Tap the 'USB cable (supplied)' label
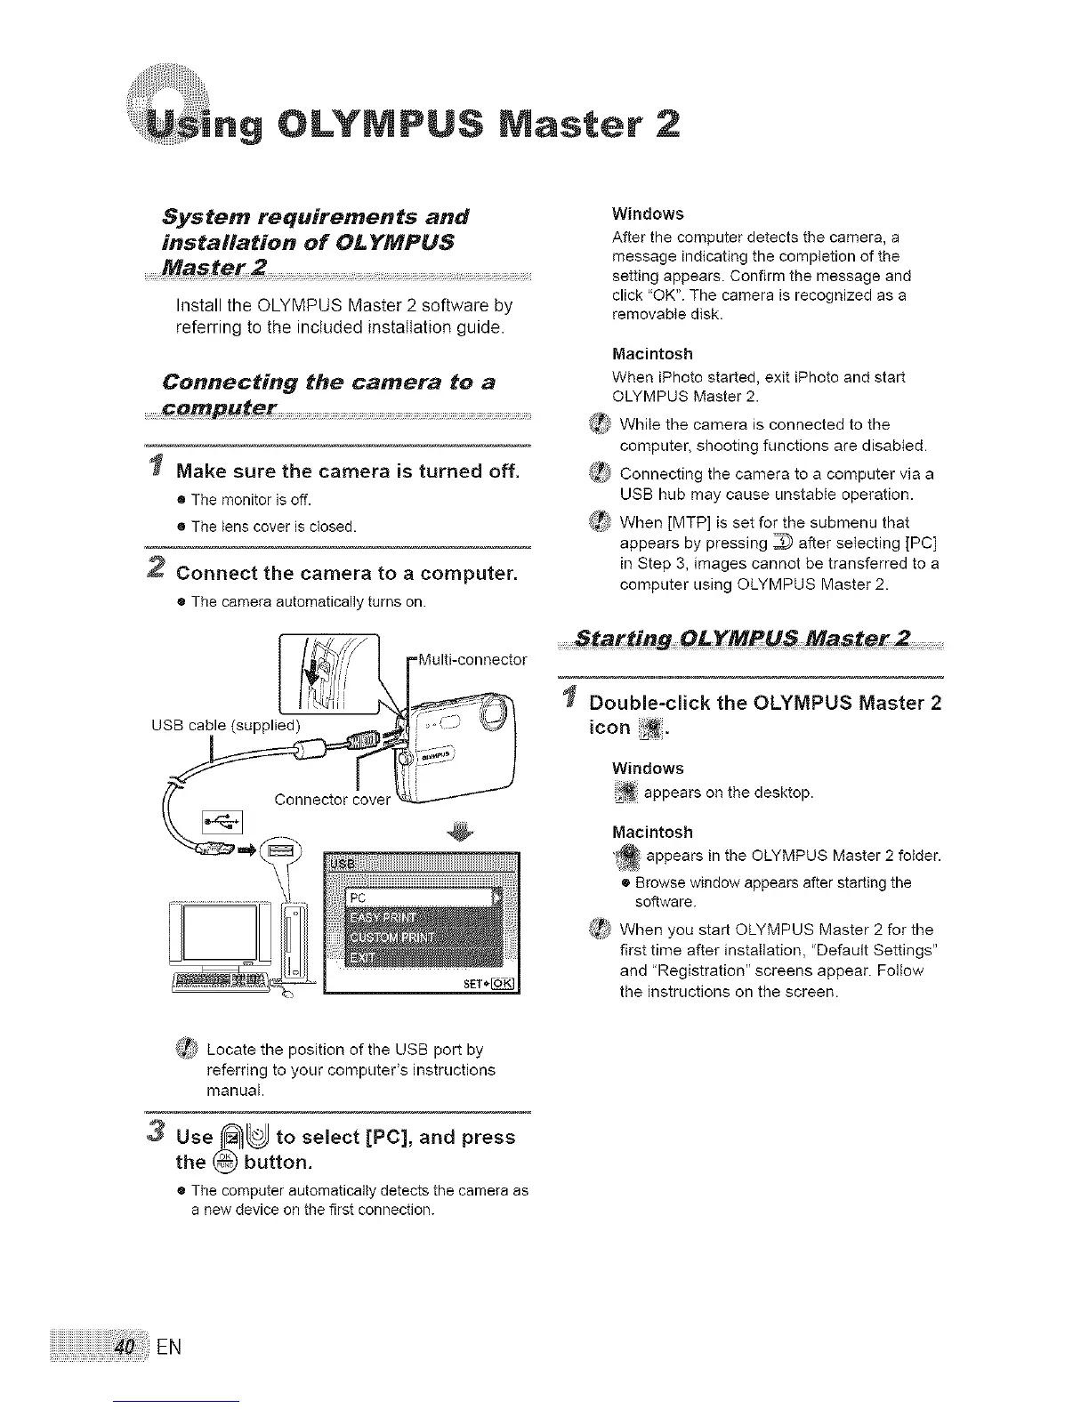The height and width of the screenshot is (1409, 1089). (226, 724)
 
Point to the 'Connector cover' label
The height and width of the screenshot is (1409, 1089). (332, 799)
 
